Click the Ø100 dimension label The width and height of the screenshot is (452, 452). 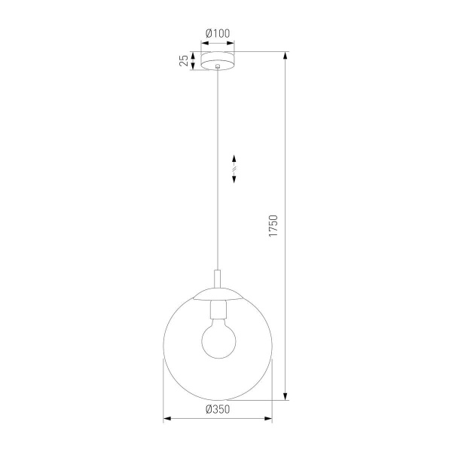click(218, 33)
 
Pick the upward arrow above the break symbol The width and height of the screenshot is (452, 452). click(234, 159)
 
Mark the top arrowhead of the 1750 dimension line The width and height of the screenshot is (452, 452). click(286, 55)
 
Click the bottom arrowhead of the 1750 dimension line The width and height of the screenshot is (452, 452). click(286, 397)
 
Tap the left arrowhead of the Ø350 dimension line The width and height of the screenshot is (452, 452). click(166, 417)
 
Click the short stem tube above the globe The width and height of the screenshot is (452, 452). click(218, 279)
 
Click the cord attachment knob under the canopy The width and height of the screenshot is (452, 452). click(218, 69)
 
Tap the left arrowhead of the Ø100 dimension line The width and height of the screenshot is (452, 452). click(203, 43)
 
